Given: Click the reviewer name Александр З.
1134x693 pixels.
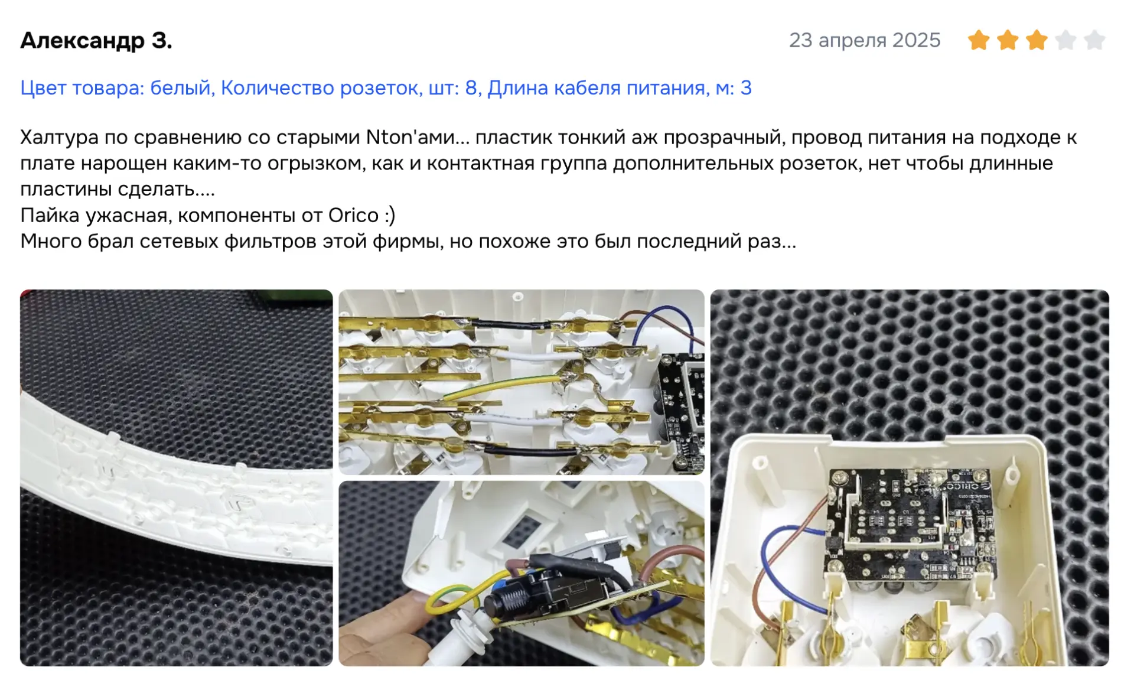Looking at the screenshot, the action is point(96,40).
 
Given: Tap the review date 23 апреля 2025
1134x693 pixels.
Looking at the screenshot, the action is point(865,40).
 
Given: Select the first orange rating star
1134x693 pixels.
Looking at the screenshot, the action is point(979,40).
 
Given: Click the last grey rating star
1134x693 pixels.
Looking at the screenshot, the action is point(1094,40).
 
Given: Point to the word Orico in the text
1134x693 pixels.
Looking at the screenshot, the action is point(353,215).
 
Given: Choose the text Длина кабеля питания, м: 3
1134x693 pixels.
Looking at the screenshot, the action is point(620,87).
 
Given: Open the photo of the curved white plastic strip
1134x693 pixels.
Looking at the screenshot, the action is point(176,478).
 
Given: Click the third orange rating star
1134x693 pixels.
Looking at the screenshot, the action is point(1037,40).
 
